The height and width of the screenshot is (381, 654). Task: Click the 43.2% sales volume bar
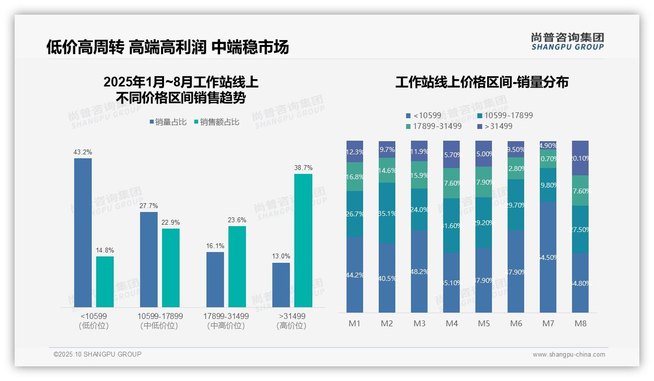[83, 233]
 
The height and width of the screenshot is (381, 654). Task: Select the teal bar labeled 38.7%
[303, 240]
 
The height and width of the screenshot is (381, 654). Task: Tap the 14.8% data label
[105, 251]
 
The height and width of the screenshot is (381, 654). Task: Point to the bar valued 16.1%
[215, 279]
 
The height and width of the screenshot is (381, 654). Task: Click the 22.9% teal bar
[171, 268]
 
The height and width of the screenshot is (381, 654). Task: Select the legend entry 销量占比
[168, 122]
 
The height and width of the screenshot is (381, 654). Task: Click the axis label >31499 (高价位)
[291, 321]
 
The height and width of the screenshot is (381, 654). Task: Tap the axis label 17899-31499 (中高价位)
[226, 321]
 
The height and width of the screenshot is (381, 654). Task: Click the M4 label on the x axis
[451, 323]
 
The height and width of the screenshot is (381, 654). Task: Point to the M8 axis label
[580, 323]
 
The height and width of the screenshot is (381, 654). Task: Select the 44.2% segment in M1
[355, 275]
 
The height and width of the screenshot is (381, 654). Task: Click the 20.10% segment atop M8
[580, 158]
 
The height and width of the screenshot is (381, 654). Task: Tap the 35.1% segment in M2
[387, 213]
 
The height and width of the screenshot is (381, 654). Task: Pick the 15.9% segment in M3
[419, 175]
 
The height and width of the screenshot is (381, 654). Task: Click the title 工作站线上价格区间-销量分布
[482, 82]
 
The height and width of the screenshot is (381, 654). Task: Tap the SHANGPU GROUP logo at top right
[567, 42]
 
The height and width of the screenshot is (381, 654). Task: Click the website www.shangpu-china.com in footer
[569, 355]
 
